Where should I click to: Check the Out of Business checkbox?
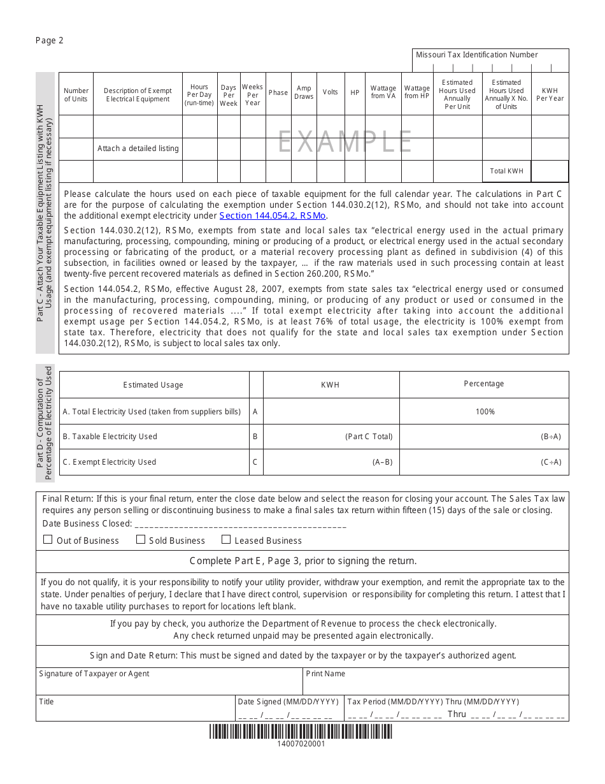48,540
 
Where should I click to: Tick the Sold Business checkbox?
141,540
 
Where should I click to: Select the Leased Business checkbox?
226,540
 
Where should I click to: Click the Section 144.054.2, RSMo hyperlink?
273,216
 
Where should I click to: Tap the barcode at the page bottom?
301,732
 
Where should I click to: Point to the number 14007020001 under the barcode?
301,744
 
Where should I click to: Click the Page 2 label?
50,40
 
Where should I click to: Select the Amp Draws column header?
304,93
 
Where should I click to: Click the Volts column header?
331,92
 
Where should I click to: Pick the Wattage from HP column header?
417,93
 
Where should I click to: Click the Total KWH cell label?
506,171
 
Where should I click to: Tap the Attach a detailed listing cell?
138,149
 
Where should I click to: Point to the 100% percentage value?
485,412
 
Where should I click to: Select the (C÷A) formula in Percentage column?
551,462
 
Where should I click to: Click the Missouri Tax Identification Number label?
477,55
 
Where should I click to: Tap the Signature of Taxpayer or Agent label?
94,674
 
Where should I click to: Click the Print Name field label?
325,674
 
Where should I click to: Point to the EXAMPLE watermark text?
345,142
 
